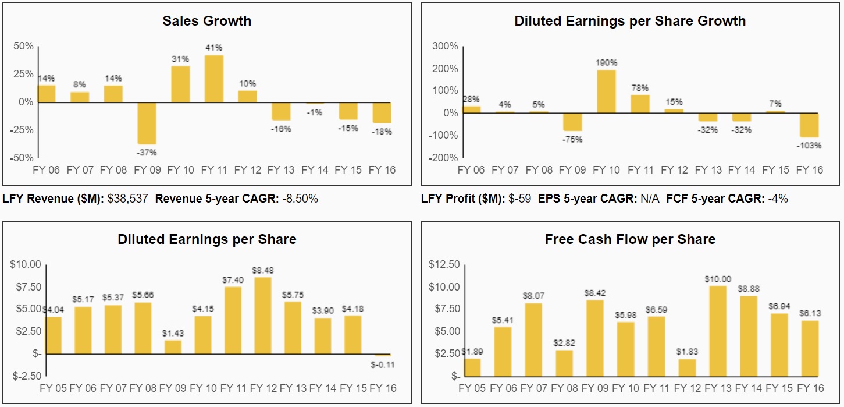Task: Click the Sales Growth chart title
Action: tap(206, 22)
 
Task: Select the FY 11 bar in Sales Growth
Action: tap(213, 79)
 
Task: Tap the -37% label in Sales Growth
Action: tap(146, 153)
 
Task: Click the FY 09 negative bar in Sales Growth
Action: tap(146, 123)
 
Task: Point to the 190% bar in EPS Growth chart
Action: tap(606, 91)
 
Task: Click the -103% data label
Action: tap(809, 146)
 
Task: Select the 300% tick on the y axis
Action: tap(444, 47)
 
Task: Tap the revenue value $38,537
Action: tap(127, 199)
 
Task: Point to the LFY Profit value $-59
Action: tap(519, 199)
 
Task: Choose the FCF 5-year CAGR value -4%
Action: tap(777, 199)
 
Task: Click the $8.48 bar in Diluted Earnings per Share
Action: tap(263, 315)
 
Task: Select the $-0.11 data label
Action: tap(382, 364)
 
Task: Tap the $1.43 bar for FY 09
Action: tap(173, 347)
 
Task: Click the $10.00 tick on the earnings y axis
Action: tap(25, 264)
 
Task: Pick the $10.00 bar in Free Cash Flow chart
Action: tap(718, 331)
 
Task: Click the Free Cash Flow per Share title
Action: tap(630, 239)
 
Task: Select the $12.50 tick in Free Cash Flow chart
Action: tap(444, 264)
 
